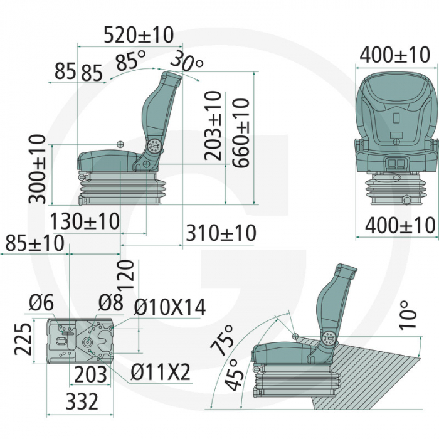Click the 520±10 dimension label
(x=139, y=35)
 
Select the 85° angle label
(x=130, y=62)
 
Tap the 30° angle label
(x=187, y=63)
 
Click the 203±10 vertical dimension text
(x=213, y=125)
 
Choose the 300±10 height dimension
(x=38, y=169)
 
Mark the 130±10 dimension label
(x=85, y=221)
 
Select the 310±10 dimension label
(x=221, y=233)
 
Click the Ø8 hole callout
(x=110, y=304)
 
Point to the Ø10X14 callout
(x=170, y=307)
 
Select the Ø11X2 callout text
(x=160, y=373)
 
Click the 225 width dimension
(x=23, y=339)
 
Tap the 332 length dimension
(x=82, y=401)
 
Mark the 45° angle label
(x=234, y=375)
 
